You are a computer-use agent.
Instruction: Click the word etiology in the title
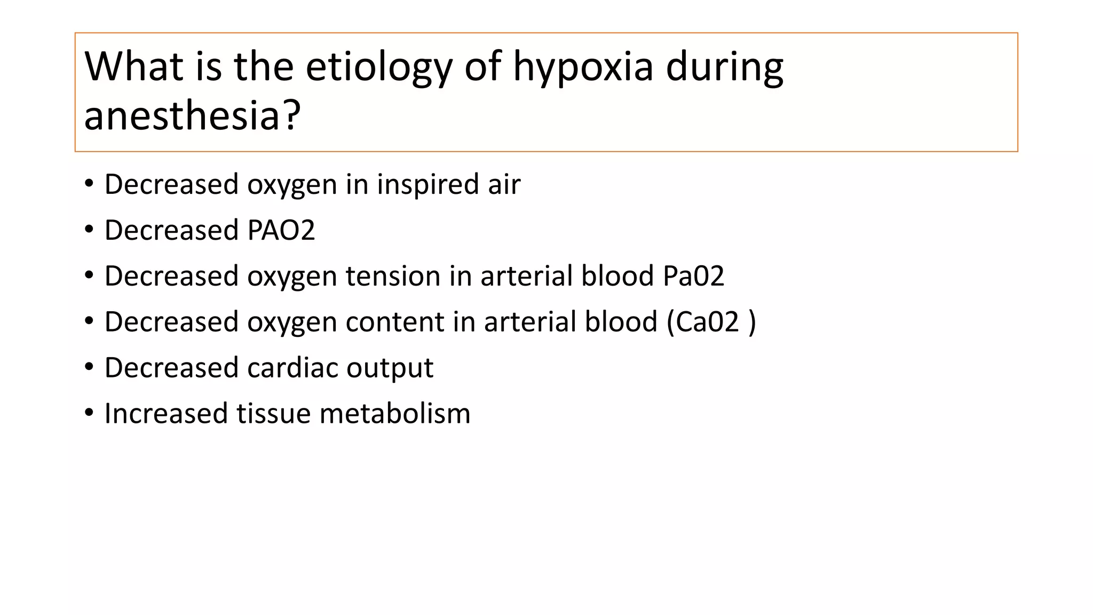pyautogui.click(x=378, y=67)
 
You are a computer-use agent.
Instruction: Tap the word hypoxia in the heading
pyautogui.click(x=583, y=67)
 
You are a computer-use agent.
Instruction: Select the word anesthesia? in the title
pyautogui.click(x=193, y=115)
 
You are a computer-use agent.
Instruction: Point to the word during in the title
pyautogui.click(x=724, y=67)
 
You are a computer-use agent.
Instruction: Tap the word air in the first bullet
pyautogui.click(x=504, y=185)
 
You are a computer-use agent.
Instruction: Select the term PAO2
pyautogui.click(x=281, y=231)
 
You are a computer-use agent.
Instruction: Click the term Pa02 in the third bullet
pyautogui.click(x=693, y=277)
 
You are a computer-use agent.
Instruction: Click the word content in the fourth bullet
pyautogui.click(x=394, y=322)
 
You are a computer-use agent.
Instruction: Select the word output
pyautogui.click(x=390, y=368)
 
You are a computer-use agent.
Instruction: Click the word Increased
pyautogui.click(x=166, y=414)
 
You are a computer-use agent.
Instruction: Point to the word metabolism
pyautogui.click(x=395, y=414)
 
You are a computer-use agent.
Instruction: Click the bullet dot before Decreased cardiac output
pyautogui.click(x=89, y=367)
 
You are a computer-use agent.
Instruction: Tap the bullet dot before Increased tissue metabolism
pyautogui.click(x=89, y=413)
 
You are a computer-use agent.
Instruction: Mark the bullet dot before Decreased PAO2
pyautogui.click(x=89, y=230)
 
